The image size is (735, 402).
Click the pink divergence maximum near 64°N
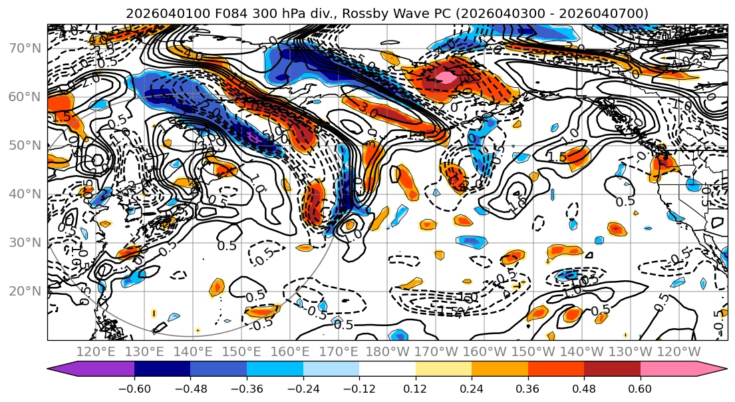[x=446, y=77]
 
